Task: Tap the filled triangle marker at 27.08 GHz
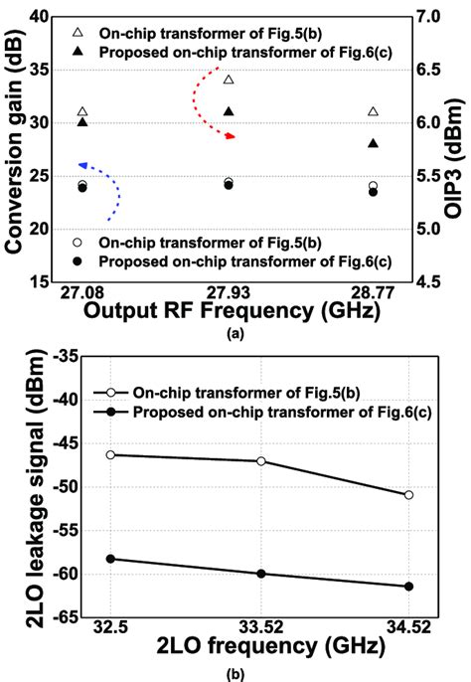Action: tap(82, 121)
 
